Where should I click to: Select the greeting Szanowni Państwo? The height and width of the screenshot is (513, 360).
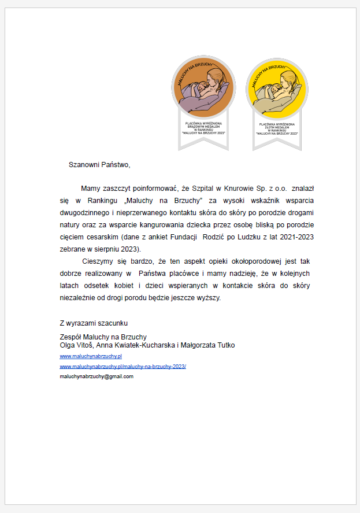click(99, 165)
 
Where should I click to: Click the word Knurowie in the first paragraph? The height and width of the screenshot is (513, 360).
click(238, 188)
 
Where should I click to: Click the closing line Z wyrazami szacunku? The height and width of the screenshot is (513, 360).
click(94, 323)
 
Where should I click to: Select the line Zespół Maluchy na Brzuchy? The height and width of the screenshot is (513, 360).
click(103, 337)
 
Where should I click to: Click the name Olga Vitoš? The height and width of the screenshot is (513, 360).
click(77, 345)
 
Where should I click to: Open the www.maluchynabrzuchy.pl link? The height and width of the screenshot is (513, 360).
click(91, 356)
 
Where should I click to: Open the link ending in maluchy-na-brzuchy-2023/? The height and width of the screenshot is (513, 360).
click(123, 367)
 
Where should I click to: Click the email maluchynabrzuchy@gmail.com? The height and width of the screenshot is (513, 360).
click(97, 377)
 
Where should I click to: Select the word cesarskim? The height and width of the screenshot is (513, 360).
click(101, 237)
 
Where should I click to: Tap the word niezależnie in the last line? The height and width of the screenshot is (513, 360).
click(80, 298)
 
